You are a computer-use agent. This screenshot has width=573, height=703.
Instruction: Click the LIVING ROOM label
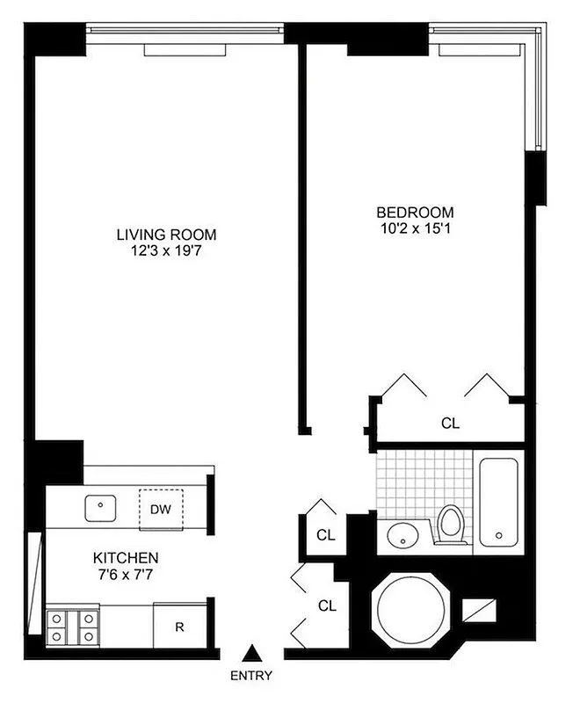[166, 235]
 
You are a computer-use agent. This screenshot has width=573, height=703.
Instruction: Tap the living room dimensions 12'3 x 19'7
[166, 250]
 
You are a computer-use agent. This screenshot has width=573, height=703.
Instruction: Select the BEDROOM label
[415, 212]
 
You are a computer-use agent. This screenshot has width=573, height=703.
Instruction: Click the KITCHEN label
[126, 558]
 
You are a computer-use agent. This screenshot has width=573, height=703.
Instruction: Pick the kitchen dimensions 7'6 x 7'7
[126, 575]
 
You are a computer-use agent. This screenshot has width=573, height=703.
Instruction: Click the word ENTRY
[251, 676]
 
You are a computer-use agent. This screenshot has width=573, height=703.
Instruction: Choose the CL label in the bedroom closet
[450, 424]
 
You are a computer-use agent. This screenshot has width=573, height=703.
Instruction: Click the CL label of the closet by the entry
[327, 605]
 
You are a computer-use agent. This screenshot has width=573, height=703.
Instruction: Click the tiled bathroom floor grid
[405, 483]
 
